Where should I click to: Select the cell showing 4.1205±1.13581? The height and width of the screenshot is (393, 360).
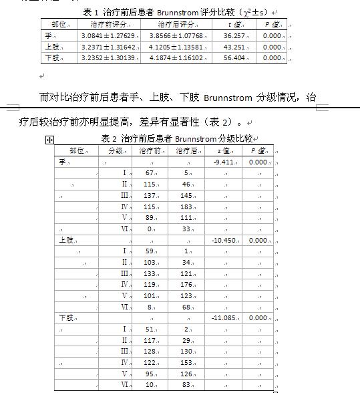click(x=176, y=47)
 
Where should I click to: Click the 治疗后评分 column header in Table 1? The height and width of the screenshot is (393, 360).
click(x=176, y=24)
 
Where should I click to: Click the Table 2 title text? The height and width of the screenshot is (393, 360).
click(x=177, y=139)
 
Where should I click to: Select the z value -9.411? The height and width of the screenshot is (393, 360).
click(x=223, y=162)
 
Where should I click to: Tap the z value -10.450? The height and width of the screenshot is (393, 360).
click(x=223, y=240)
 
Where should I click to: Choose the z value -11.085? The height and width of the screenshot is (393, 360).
click(x=223, y=317)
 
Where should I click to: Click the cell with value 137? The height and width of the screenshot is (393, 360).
click(x=150, y=195)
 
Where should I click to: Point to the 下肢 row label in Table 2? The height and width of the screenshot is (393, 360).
click(x=66, y=317)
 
